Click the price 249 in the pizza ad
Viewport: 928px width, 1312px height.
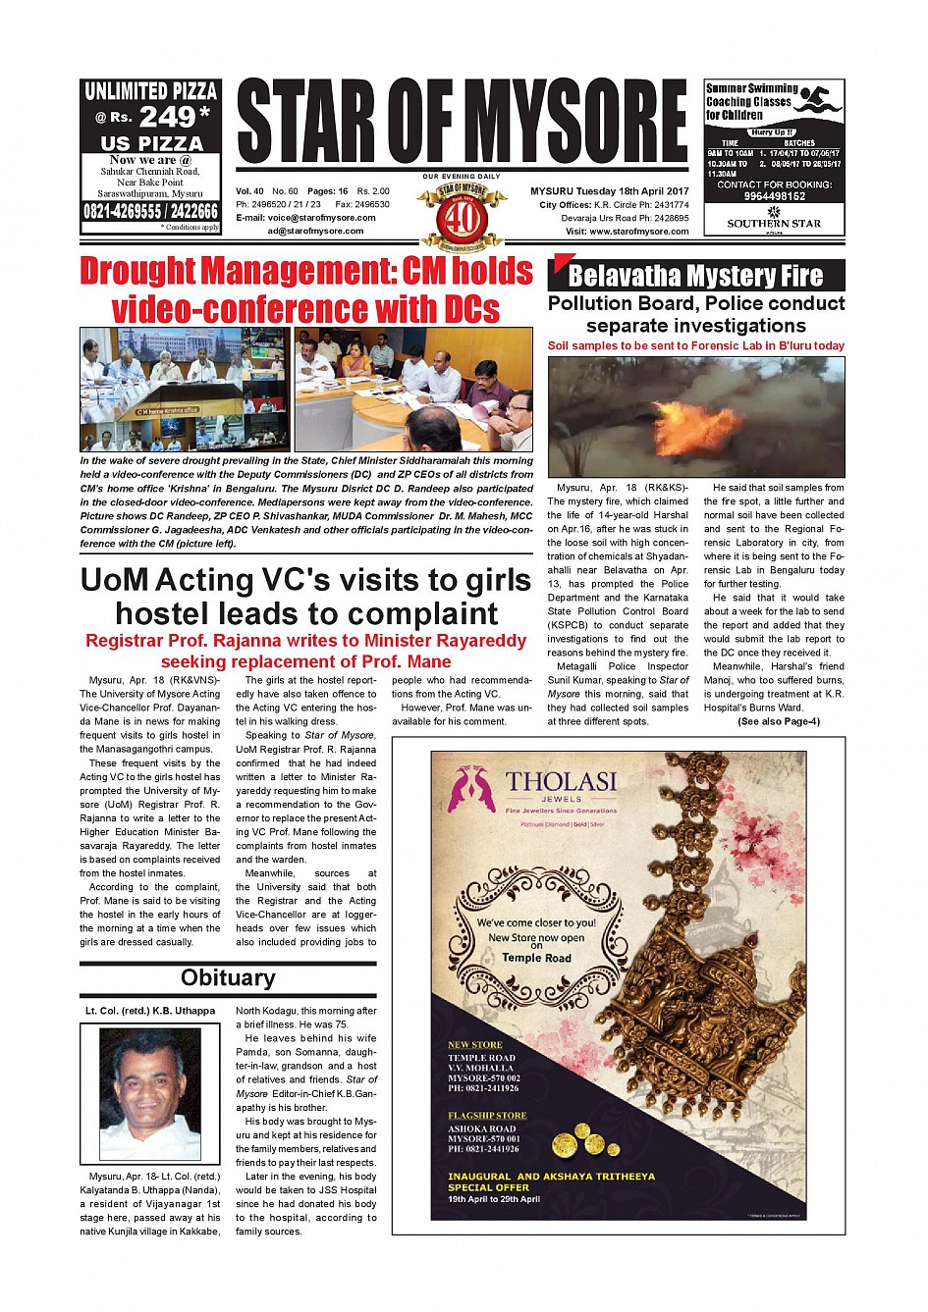pos(169,117)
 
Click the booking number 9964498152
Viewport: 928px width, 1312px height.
pos(775,196)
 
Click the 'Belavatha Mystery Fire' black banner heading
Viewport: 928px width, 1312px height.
pos(695,276)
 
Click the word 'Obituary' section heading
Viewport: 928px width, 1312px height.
pos(228,978)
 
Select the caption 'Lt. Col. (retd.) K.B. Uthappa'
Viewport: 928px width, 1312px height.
pos(150,1011)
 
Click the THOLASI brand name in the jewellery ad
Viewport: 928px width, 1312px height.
pos(561,782)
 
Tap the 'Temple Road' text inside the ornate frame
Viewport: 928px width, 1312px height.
pos(536,958)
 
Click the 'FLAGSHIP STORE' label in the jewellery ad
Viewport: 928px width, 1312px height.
pos(487,1116)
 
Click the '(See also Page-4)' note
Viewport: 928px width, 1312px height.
pos(778,721)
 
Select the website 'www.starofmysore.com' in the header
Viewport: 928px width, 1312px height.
pos(639,232)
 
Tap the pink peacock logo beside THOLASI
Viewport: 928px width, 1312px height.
pos(470,788)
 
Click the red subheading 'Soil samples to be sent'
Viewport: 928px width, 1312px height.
pos(695,345)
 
